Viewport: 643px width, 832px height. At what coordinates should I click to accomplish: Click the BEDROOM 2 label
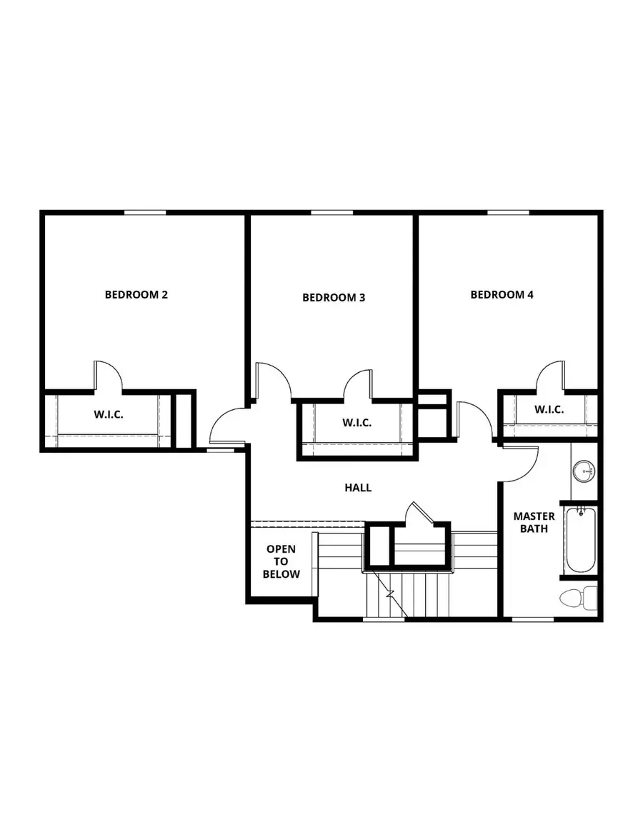point(136,294)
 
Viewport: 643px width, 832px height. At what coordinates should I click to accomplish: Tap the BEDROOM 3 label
point(334,298)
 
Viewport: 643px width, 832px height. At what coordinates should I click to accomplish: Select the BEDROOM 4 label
point(502,294)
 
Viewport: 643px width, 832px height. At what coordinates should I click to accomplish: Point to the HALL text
point(358,488)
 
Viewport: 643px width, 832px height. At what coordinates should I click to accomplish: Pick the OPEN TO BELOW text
point(281,561)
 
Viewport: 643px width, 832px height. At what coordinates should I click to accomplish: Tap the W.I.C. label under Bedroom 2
point(109,414)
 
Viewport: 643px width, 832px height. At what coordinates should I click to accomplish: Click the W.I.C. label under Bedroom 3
point(356,423)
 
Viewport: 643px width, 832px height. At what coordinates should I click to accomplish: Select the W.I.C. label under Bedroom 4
point(549,409)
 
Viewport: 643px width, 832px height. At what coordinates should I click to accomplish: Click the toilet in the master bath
point(579,597)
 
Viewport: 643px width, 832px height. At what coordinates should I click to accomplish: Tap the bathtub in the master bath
point(580,540)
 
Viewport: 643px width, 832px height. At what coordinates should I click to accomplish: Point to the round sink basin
point(584,471)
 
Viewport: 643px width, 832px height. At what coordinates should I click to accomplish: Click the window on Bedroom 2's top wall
point(145,212)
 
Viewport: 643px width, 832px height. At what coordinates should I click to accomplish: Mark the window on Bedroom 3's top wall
point(332,212)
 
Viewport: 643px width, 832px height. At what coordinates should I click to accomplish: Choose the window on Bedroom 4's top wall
point(508,212)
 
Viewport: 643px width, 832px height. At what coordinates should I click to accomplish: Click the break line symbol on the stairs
point(389,593)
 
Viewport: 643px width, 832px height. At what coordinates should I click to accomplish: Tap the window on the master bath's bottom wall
point(534,619)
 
